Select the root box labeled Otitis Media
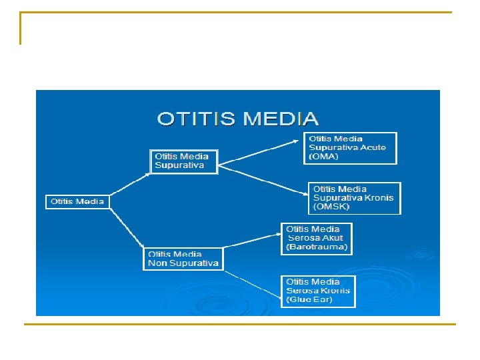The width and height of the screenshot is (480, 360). click(78, 201)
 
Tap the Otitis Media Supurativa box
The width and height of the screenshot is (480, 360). click(184, 161)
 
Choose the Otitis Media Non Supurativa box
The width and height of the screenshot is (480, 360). click(183, 259)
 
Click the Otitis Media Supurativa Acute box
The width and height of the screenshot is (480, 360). click(351, 147)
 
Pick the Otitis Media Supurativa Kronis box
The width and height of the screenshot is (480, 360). click(354, 198)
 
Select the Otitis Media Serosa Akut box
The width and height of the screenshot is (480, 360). click(317, 238)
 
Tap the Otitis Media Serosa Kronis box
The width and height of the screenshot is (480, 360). click(318, 291)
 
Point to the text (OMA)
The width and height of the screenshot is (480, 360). click(325, 157)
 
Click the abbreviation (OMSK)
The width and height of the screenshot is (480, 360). click(331, 207)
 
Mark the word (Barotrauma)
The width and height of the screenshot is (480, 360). click(317, 247)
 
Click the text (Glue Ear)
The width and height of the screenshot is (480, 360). click(310, 300)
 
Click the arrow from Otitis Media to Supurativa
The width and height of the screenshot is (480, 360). click(130, 185)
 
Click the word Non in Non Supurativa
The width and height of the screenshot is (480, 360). click(157, 263)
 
